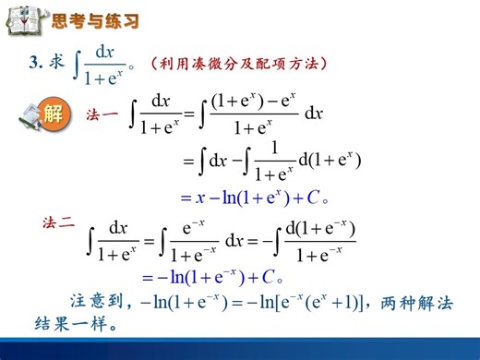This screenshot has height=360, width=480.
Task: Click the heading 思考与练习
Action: click(x=95, y=20)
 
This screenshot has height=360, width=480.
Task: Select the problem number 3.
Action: click(x=36, y=63)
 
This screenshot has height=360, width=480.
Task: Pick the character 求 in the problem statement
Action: click(x=57, y=63)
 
